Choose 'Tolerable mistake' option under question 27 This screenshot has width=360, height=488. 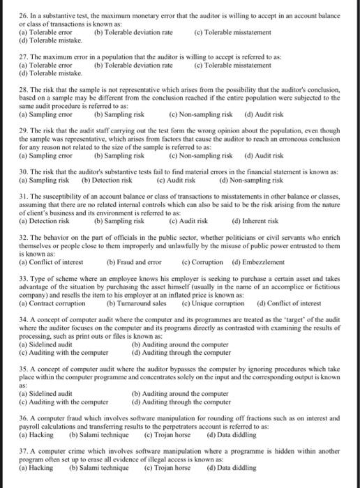click(x=43, y=72)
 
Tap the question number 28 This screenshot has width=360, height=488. click(x=24, y=90)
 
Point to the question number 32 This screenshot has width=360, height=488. click(x=24, y=237)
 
